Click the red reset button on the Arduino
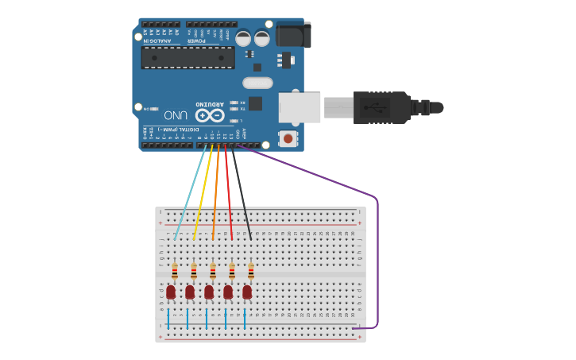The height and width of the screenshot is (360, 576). tap(288, 140)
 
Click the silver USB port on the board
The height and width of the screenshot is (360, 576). tap(300, 107)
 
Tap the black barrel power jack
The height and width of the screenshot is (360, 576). tap(293, 34)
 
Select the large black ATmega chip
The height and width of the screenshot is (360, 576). tap(187, 57)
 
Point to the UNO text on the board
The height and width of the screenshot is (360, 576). tap(176, 115)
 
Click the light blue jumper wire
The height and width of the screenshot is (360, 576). tap(189, 194)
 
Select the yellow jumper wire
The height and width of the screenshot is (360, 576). tap(203, 194)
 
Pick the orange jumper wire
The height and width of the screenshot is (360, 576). tap(215, 194)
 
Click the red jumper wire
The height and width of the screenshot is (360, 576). tap(229, 194)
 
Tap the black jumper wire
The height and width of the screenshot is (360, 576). tap(242, 194)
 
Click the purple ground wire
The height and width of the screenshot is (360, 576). tap(377, 254)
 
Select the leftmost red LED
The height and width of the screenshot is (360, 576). tap(171, 292)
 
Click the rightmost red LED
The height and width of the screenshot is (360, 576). tap(247, 292)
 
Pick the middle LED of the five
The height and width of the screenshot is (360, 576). tap(209, 292)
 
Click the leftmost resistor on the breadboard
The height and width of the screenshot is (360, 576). tap(175, 272)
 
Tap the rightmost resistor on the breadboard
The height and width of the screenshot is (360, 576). tap(251, 272)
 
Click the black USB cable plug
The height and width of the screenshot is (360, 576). tap(381, 107)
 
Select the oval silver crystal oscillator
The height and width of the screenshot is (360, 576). tap(257, 83)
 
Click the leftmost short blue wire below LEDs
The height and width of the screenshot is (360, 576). tap(168, 319)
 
